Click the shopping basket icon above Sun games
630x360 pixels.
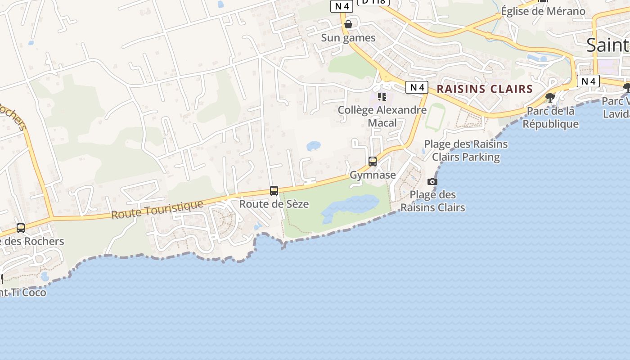(348, 24)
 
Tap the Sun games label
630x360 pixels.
(348, 38)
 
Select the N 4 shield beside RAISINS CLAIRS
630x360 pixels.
(416, 87)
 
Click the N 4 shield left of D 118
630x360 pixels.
(342, 6)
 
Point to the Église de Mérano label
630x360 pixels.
(543, 11)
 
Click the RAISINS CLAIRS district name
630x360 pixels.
(485, 89)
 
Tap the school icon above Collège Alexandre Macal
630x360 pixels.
(382, 96)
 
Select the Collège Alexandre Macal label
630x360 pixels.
(382, 116)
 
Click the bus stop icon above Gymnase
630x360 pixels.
(373, 161)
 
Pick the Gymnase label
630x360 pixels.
(373, 175)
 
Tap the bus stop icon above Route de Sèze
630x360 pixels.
(274, 190)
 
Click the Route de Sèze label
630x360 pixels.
(274, 204)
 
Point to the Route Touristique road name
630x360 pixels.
(157, 210)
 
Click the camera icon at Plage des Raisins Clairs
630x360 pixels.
(432, 181)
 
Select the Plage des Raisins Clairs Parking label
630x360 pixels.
(466, 150)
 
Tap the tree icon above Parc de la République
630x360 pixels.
(549, 97)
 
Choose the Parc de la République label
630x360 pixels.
(550, 117)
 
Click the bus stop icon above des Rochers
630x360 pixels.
(21, 228)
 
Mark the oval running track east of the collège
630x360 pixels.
(435, 117)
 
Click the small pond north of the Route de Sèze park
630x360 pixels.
(313, 146)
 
